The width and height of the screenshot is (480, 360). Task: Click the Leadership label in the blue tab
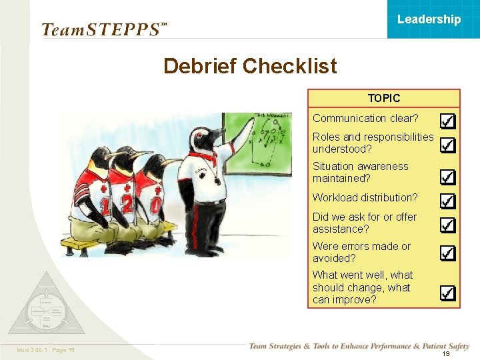click(429, 19)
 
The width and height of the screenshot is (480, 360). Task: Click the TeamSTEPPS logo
click(102, 29)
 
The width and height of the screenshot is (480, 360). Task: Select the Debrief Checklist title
click(250, 66)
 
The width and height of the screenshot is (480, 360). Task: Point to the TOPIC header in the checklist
click(384, 98)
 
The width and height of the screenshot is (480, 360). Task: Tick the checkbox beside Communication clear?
click(448, 121)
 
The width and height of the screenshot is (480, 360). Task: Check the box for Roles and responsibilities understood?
click(448, 144)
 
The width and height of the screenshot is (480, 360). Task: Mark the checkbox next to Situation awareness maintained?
click(448, 176)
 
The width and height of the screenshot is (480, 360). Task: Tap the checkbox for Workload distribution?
click(448, 201)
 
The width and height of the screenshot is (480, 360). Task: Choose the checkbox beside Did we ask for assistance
click(448, 224)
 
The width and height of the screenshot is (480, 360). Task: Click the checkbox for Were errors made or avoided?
click(448, 253)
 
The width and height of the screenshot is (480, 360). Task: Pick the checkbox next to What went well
click(448, 293)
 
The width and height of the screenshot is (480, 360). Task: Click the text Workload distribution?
click(365, 197)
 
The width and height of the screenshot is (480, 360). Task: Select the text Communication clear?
click(365, 118)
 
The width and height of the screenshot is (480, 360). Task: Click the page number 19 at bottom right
click(446, 354)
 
